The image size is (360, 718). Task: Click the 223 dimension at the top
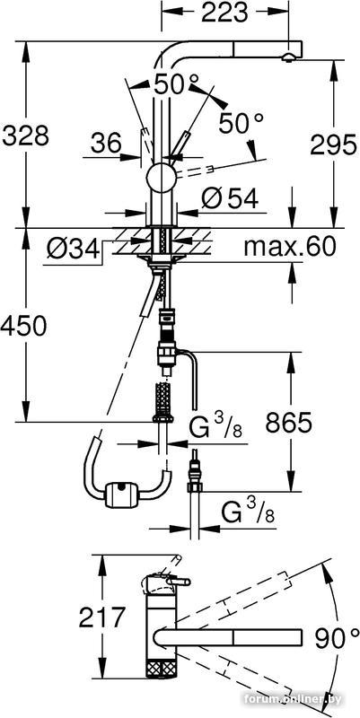pos(224,13)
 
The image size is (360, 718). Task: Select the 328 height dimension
pos(26,136)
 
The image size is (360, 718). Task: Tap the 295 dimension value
pos(333,145)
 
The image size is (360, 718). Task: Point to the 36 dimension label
pos(105,144)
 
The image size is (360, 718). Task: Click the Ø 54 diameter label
pos(230,198)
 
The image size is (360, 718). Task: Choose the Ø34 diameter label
pos(73,250)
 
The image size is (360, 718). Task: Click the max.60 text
pos(289,247)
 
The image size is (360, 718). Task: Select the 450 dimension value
pos(24,327)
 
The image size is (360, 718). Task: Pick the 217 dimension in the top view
pos(101,617)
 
